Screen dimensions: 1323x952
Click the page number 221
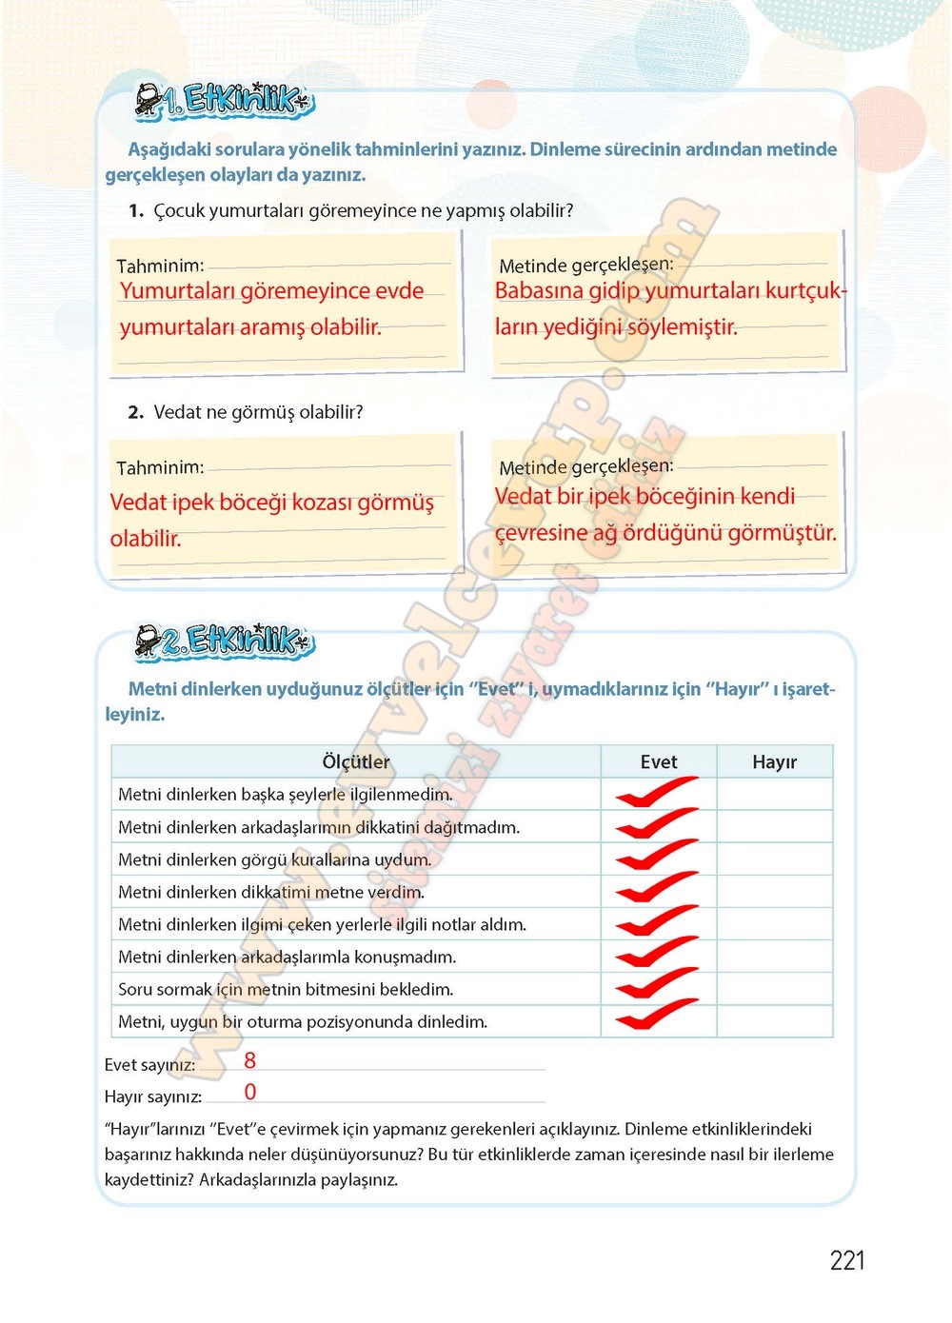tap(847, 1260)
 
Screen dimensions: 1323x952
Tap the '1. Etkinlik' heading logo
tap(226, 100)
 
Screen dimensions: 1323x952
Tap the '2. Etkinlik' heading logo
tap(226, 641)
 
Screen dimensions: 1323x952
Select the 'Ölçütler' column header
tap(356, 761)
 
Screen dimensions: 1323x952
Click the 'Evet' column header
tap(659, 761)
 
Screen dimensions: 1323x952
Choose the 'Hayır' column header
tap(774, 761)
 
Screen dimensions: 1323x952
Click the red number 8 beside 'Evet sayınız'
tap(250, 1060)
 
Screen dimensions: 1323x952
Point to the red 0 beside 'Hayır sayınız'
tap(250, 1092)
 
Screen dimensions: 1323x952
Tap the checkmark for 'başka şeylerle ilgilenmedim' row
tap(657, 794)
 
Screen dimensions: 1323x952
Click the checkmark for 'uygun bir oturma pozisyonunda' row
tap(657, 1020)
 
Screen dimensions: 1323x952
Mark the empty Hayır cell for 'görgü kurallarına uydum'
tap(774, 859)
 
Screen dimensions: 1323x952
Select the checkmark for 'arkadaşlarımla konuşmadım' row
tap(657, 956)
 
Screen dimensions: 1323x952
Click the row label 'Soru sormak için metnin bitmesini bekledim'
tap(286, 989)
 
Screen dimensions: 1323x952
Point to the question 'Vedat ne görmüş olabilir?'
tap(258, 412)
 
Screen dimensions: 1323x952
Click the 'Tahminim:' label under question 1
tap(160, 267)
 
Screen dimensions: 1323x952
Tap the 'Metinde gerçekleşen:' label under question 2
tap(585, 466)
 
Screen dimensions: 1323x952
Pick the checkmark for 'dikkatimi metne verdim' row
tap(657, 892)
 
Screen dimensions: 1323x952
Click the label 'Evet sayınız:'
tap(150, 1065)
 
